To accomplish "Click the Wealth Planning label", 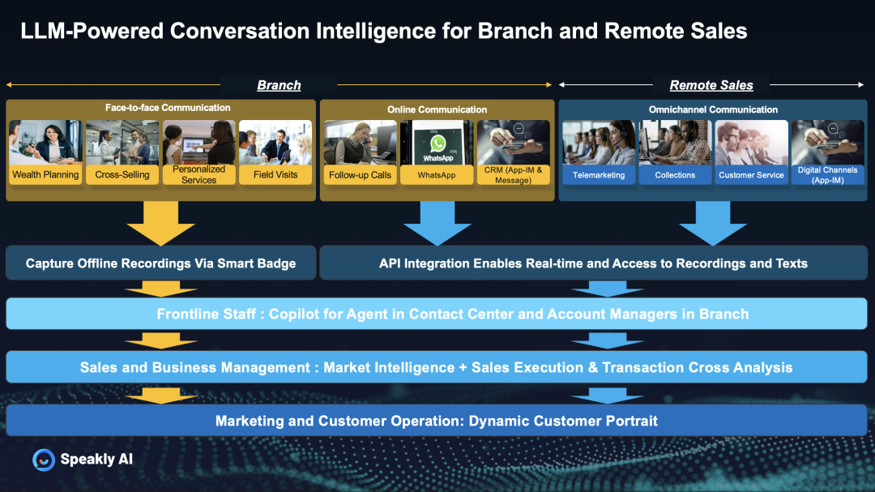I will click(x=45, y=174).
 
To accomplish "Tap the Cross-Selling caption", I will click(x=122, y=174).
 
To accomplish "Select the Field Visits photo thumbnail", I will click(x=275, y=142).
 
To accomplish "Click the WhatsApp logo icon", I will click(x=437, y=143).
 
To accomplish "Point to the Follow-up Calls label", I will click(x=361, y=175).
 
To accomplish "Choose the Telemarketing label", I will click(x=599, y=175).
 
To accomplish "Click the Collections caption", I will click(x=675, y=175).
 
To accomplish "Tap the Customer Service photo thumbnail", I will click(x=751, y=142).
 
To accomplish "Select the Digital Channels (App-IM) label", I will click(x=827, y=175).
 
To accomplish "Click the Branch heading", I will click(x=279, y=85).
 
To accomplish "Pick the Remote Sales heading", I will click(x=711, y=85).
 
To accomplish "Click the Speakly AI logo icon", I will click(x=43, y=460).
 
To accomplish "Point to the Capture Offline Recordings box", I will click(x=160, y=263).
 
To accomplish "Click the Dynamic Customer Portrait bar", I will click(x=437, y=421).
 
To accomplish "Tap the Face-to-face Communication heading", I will click(x=168, y=108).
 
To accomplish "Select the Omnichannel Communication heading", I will click(x=713, y=109).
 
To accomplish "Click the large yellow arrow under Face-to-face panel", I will click(x=160, y=221).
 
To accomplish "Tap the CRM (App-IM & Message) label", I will click(x=514, y=175).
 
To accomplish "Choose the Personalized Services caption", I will click(x=198, y=174).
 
